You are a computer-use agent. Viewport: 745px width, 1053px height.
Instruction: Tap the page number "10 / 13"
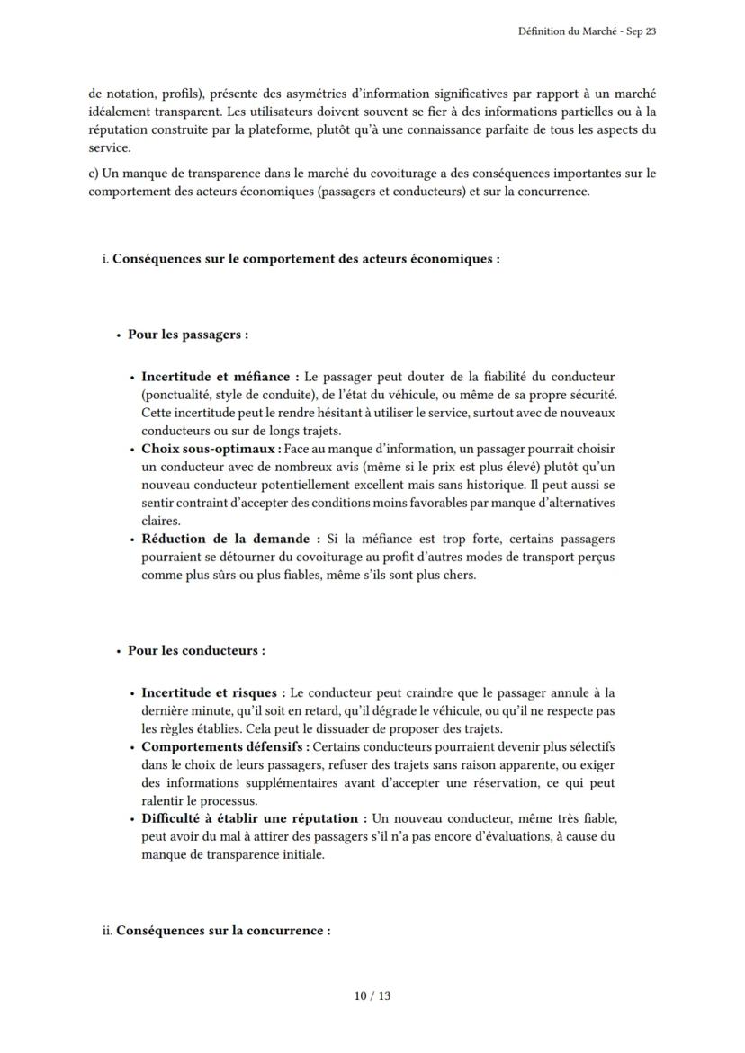click(372, 995)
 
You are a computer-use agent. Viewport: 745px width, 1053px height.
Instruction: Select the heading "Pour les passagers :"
click(187, 335)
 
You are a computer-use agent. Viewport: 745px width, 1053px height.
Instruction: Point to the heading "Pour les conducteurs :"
click(196, 650)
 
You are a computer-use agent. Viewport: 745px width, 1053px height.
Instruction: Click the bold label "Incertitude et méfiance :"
click(220, 377)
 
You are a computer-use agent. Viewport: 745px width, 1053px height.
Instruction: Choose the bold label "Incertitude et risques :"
click(214, 692)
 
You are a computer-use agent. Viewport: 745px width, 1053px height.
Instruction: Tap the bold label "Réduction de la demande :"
click(231, 539)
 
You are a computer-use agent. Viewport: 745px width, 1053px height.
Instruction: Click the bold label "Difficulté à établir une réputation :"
click(255, 818)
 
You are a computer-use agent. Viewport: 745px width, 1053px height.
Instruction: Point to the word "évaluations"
click(534, 836)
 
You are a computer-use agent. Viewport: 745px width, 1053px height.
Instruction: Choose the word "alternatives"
click(577, 503)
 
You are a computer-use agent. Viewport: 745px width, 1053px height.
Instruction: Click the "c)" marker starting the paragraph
click(94, 174)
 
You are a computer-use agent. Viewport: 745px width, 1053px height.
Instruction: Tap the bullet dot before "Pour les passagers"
click(118, 335)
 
